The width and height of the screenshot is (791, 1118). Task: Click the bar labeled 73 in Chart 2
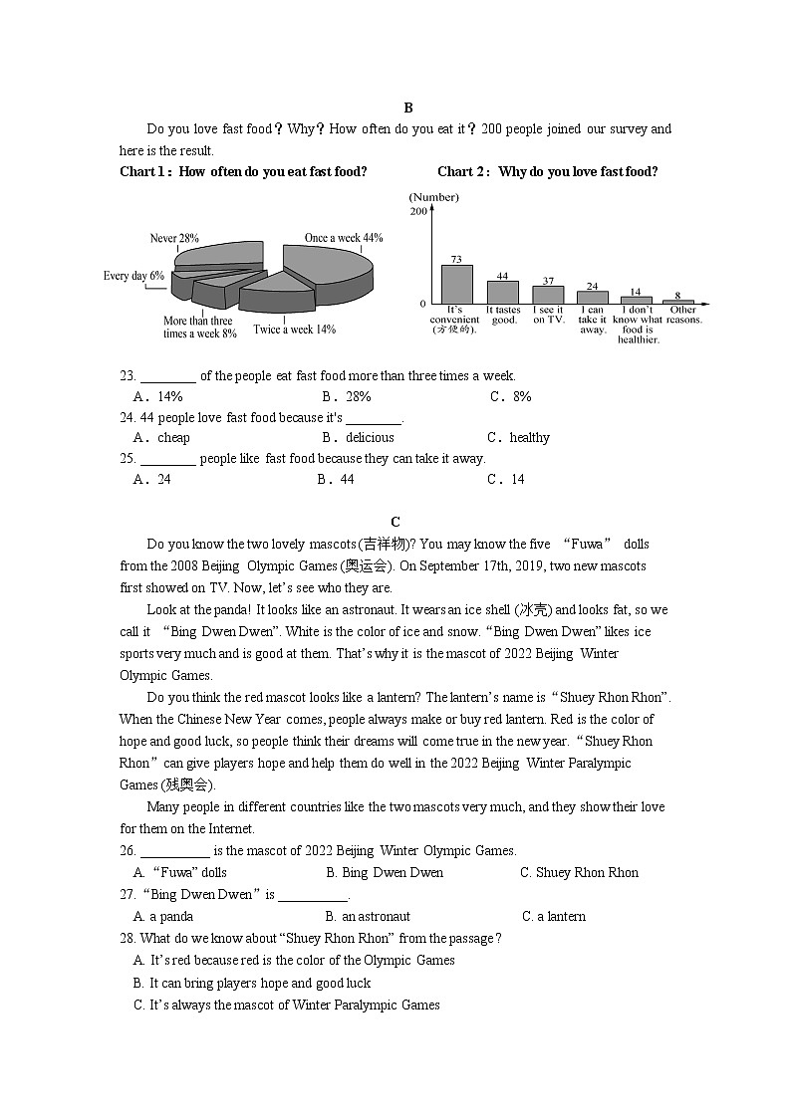[457, 284]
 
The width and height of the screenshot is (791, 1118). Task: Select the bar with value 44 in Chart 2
[503, 292]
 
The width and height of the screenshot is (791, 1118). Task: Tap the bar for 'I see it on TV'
[548, 295]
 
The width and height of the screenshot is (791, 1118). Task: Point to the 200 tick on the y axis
[418, 211]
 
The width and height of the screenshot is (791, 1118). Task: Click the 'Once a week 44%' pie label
[344, 238]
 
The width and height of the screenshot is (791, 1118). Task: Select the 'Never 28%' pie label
[174, 238]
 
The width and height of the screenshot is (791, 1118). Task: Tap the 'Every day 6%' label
[133, 276]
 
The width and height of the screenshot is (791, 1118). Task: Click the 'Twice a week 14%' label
[295, 329]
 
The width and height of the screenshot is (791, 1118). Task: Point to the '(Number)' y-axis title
[433, 197]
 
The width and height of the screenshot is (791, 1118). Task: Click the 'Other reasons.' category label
[683, 315]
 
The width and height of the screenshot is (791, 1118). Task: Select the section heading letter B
[408, 108]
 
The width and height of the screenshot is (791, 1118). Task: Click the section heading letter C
[395, 522]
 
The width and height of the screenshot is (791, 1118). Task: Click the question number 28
[127, 938]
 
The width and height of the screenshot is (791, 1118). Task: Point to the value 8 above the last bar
[678, 295]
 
